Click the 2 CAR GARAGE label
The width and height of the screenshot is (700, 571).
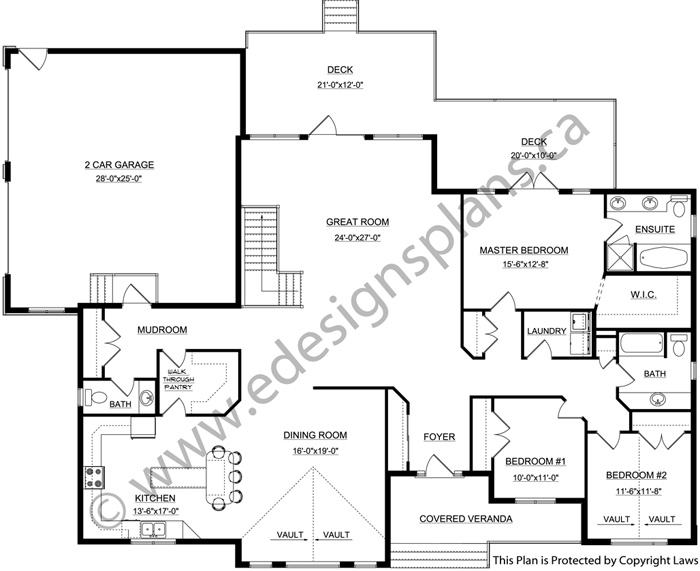[119, 165]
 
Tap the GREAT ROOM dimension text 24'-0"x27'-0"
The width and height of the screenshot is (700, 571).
[357, 238]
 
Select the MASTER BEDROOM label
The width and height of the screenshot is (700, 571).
[524, 250]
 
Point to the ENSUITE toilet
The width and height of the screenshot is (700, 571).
[679, 207]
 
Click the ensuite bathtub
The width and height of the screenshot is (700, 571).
[663, 258]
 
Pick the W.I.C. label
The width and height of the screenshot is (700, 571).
[643, 295]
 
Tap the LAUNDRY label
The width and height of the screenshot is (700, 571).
[546, 331]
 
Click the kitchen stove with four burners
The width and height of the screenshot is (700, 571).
[94, 477]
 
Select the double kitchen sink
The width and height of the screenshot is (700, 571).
[153, 529]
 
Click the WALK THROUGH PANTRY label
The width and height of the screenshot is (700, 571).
[179, 379]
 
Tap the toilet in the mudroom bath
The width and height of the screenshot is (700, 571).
[96, 397]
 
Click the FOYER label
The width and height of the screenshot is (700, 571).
[439, 437]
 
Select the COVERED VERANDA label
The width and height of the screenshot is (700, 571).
[466, 518]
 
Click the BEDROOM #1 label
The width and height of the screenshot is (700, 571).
[535, 461]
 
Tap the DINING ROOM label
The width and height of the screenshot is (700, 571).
[315, 435]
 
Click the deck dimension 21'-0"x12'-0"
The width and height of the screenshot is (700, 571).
[340, 85]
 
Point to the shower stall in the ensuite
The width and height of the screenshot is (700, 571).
[619, 257]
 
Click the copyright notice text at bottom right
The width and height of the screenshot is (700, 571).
[594, 560]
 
